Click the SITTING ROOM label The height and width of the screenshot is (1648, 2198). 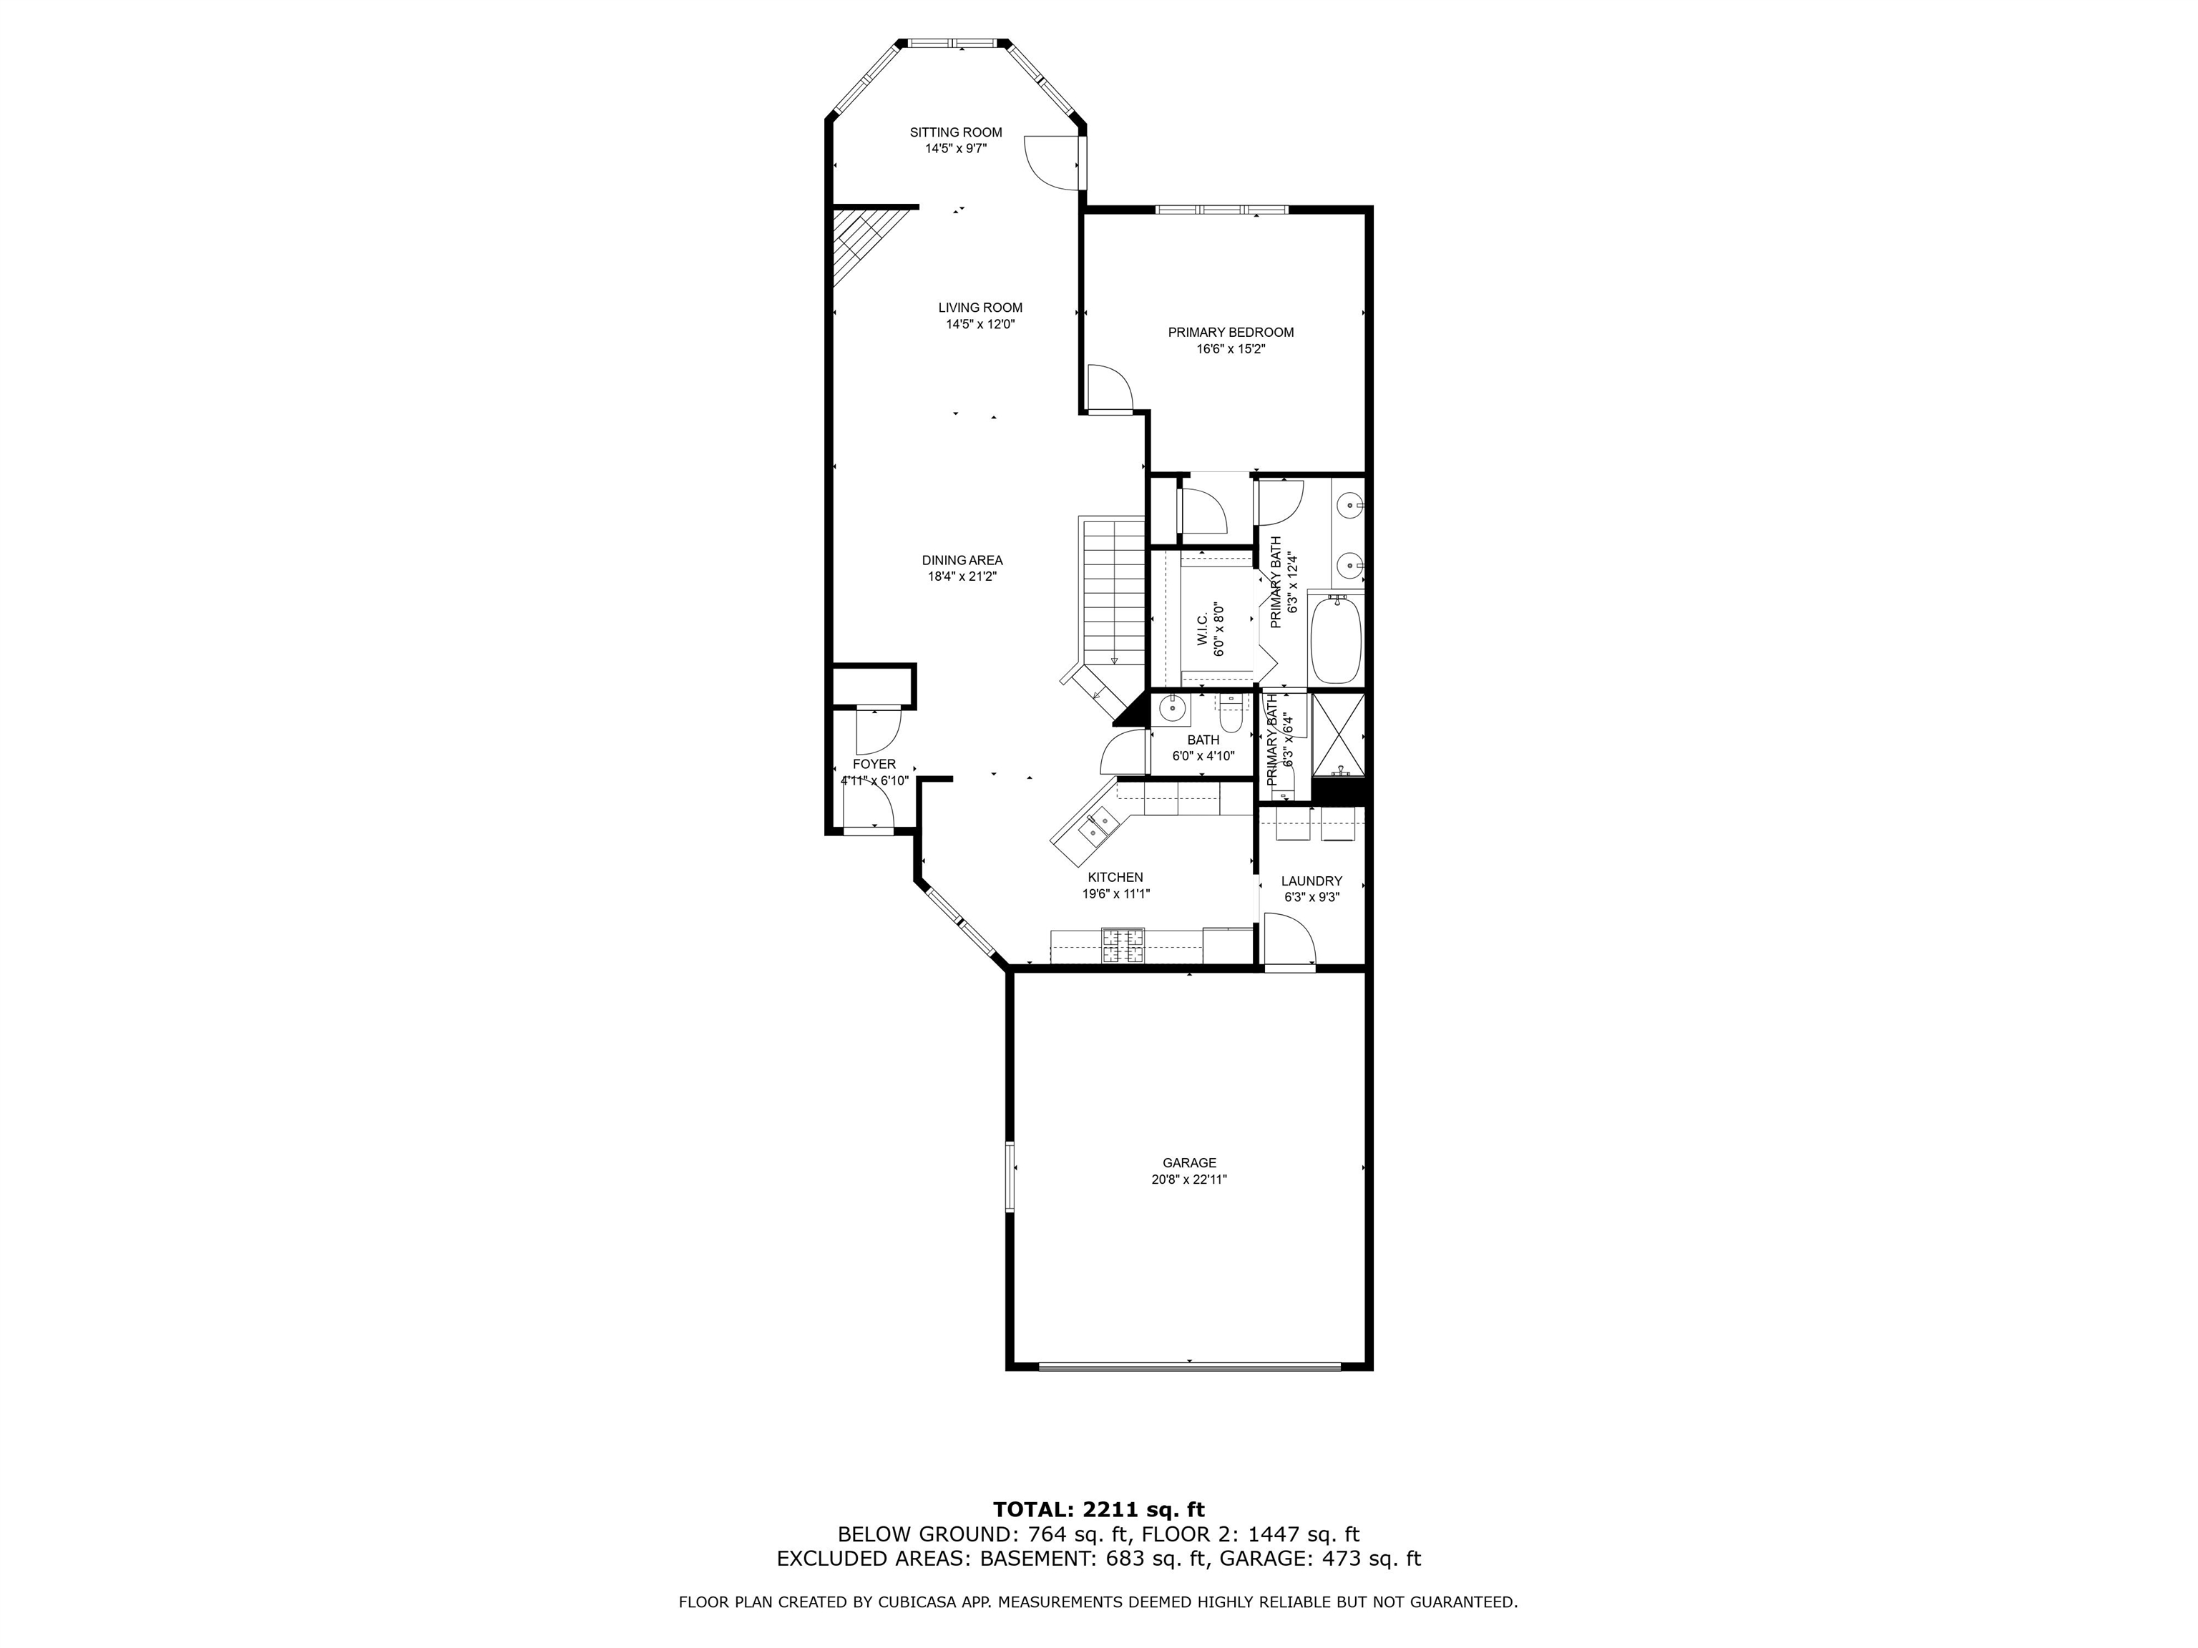pos(956,132)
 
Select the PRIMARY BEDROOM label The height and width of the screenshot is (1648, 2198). pos(1230,332)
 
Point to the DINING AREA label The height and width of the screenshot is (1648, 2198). pos(962,560)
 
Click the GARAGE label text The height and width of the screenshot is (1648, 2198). pos(1189,1162)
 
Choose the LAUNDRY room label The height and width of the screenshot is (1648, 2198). pos(1311,881)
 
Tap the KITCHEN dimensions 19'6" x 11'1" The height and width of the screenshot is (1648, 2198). pos(1116,893)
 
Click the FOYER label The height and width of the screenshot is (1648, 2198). pos(874,764)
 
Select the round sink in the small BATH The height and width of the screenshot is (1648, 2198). pos(1173,710)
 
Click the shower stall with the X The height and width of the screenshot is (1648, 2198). pos(1339,736)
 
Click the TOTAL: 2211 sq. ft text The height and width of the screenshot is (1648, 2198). pos(1098,1510)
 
